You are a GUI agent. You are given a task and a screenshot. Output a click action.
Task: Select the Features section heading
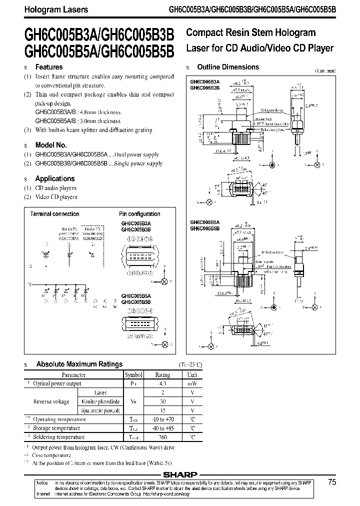[x=49, y=67]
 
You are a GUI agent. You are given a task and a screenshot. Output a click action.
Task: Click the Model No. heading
[x=51, y=144]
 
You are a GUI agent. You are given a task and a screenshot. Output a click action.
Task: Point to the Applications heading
[x=55, y=178]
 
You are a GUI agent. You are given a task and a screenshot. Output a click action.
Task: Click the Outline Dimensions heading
[x=228, y=67]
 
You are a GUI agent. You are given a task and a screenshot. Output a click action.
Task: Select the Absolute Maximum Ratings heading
[x=79, y=364]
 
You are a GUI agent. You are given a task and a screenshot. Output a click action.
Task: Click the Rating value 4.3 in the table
[x=163, y=383]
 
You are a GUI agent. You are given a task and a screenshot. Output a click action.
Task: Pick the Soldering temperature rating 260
[x=163, y=436]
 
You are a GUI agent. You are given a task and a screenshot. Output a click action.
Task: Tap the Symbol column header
[x=133, y=374]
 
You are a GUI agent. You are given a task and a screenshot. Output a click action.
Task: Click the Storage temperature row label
[x=56, y=428]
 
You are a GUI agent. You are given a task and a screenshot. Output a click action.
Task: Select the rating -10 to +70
[x=163, y=419]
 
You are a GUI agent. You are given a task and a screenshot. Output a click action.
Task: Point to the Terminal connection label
[x=55, y=214]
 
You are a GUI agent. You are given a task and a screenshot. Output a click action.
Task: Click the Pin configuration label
[x=139, y=214]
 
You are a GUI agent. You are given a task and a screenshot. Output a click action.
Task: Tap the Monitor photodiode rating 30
[x=163, y=401]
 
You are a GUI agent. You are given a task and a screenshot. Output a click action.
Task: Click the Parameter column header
[x=73, y=374]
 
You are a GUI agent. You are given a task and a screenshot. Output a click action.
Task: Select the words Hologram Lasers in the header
[x=49, y=9]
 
